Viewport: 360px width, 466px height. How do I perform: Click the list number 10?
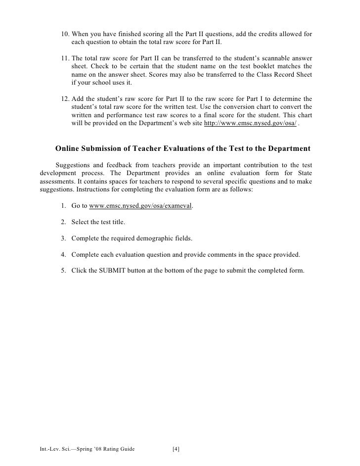click(x=65, y=34)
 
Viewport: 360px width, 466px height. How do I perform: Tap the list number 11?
click(x=65, y=58)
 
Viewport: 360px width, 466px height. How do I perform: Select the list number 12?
click(x=65, y=98)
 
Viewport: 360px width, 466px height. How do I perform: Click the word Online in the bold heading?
click(x=69, y=148)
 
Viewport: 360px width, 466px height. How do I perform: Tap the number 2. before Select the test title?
click(x=64, y=222)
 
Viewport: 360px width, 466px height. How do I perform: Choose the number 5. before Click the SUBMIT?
click(x=64, y=271)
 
